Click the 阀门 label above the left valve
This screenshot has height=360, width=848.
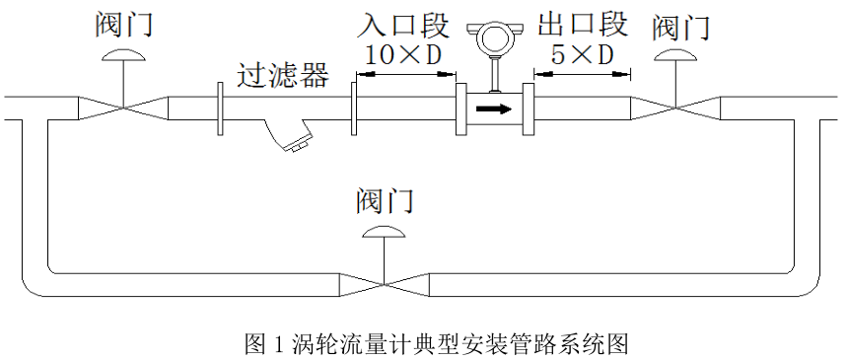123,25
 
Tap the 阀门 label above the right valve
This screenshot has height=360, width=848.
680,27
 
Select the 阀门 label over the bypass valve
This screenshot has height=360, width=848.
384,201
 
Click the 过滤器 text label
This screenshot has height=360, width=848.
283,76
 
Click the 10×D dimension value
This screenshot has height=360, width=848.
403,55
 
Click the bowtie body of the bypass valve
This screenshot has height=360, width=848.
384,283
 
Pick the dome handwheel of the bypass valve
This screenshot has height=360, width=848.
384,232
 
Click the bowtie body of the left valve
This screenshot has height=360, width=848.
123,108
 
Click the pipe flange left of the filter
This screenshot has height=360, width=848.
219,108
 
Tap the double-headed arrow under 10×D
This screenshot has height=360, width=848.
403,73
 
